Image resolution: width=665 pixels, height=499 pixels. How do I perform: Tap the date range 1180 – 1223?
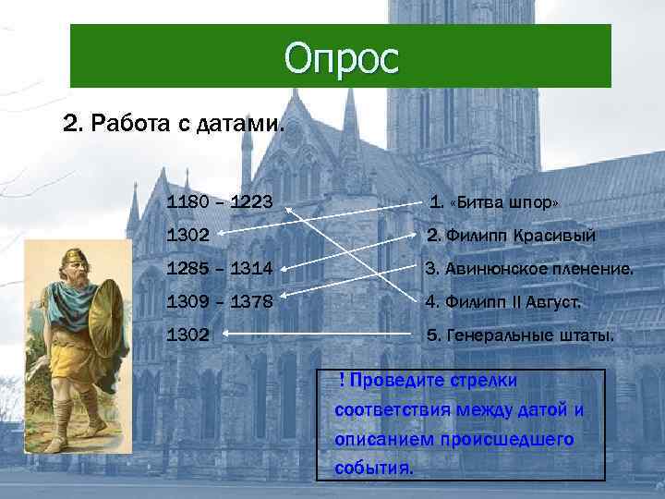click(x=219, y=202)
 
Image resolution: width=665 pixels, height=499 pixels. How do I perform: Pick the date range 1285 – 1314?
click(x=219, y=270)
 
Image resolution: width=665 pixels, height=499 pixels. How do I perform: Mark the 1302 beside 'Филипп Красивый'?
click(x=187, y=237)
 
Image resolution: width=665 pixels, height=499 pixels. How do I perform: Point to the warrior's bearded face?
click(x=75, y=271)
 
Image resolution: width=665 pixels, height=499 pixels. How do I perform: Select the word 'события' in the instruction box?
click(x=373, y=467)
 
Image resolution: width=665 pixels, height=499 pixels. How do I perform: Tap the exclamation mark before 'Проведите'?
click(x=342, y=381)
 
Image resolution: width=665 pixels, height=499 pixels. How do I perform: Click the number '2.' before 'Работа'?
click(x=70, y=124)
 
